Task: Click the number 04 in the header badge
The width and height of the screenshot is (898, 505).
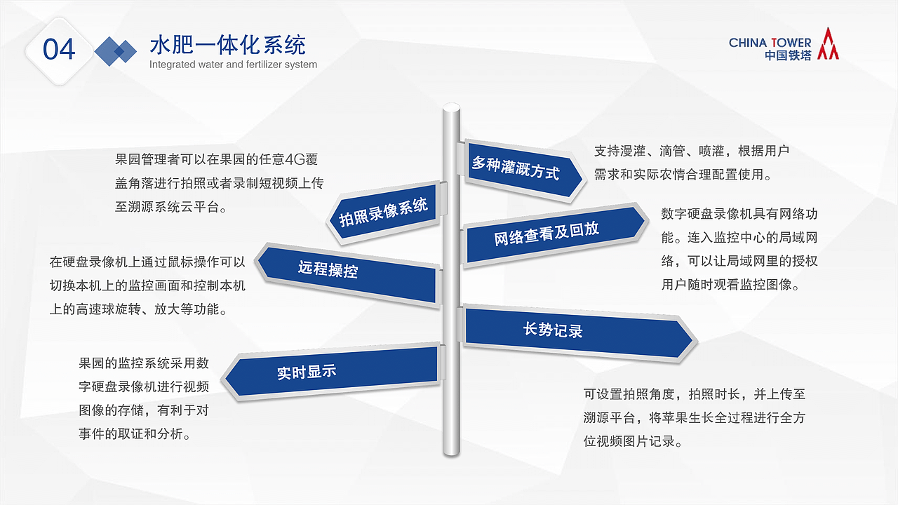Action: (x=59, y=50)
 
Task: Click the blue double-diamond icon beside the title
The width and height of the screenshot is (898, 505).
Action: (x=116, y=50)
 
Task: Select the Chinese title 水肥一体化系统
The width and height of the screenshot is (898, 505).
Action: (x=227, y=46)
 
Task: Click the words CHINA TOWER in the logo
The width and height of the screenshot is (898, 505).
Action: (x=770, y=43)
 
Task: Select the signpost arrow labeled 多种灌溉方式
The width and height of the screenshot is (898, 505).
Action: (x=519, y=168)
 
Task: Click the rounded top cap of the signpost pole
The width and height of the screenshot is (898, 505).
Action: (x=450, y=109)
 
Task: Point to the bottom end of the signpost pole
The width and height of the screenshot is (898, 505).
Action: (x=450, y=450)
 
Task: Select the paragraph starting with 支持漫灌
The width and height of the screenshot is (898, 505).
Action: (x=692, y=163)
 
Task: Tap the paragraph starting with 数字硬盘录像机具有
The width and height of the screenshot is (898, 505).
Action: (x=739, y=249)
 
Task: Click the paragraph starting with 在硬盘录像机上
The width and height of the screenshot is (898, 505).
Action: (x=147, y=285)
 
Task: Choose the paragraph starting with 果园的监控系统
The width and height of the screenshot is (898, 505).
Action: (x=144, y=398)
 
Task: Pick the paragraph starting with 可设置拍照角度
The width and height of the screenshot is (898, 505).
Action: (x=694, y=417)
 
